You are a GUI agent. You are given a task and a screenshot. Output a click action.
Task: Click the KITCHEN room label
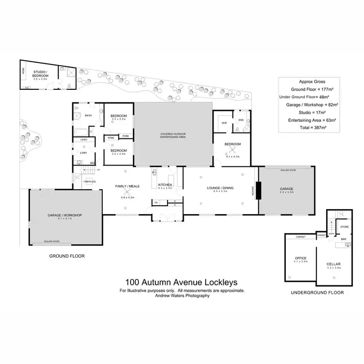pyautogui.click(x=165, y=185)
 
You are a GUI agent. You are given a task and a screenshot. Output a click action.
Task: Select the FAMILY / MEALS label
pyautogui.click(x=128, y=186)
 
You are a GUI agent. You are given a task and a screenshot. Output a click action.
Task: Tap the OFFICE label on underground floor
pyautogui.click(x=299, y=258)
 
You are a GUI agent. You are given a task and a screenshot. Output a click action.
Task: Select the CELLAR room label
pyautogui.click(x=334, y=264)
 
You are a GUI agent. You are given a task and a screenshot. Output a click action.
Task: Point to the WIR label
pyautogui.click(x=224, y=123)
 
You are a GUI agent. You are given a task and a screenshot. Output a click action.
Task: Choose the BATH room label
pyautogui.click(x=88, y=116)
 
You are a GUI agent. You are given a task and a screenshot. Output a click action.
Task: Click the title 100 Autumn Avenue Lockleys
pyautogui.click(x=182, y=282)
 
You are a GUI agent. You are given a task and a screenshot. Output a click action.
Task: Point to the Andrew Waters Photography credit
pyautogui.click(x=182, y=296)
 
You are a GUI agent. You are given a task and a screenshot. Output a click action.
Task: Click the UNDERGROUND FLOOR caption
pyautogui.click(x=316, y=293)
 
